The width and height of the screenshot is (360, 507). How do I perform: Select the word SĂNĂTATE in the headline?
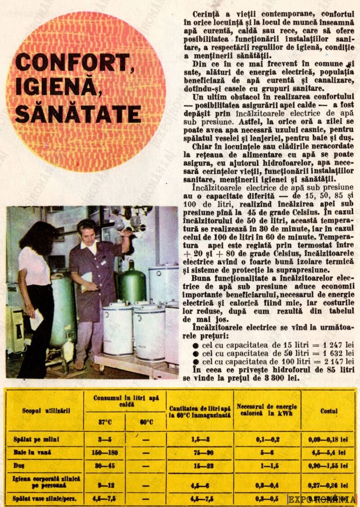(x=77, y=114)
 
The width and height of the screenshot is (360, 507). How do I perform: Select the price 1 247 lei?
(x=332, y=345)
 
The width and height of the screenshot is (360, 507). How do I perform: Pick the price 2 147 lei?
(x=332, y=361)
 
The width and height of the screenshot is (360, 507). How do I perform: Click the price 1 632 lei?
(x=332, y=353)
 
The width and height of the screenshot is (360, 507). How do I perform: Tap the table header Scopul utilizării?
(x=46, y=410)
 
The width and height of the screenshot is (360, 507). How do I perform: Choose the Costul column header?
(x=328, y=411)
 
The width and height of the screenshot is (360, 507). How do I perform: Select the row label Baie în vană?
(x=31, y=453)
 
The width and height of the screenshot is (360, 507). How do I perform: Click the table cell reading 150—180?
(x=104, y=453)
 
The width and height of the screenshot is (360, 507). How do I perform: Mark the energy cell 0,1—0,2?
(x=267, y=439)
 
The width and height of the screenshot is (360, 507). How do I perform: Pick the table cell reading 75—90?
(x=200, y=453)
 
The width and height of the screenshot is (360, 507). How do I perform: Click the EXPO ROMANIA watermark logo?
(x=321, y=499)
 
